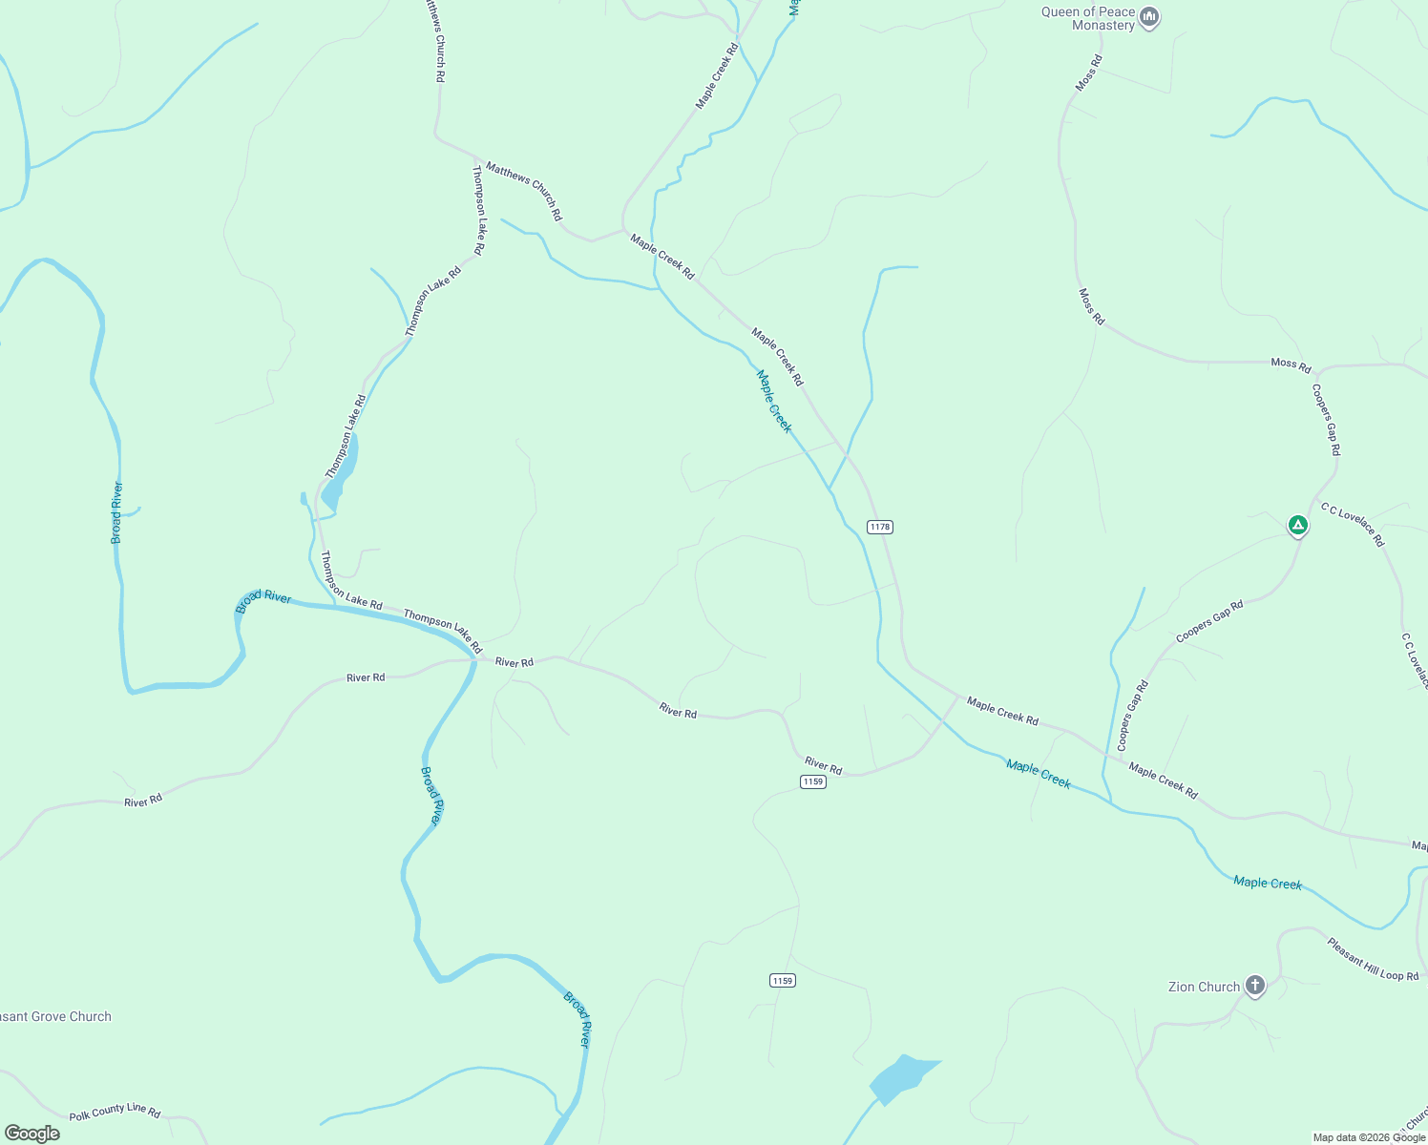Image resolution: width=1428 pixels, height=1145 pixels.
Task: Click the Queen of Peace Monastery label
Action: click(x=1088, y=19)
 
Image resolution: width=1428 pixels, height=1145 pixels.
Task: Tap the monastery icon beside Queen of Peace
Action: click(x=1150, y=17)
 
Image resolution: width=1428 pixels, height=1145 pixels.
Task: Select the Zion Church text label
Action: click(x=1204, y=987)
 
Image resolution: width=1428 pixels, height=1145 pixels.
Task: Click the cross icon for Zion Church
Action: click(x=1255, y=986)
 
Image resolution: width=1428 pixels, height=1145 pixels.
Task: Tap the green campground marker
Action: click(x=1297, y=525)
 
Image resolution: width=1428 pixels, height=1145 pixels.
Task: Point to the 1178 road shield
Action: click(x=879, y=527)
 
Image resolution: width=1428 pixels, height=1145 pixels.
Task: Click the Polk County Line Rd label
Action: click(x=115, y=1111)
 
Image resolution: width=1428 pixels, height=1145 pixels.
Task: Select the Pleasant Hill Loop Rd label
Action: click(x=1373, y=959)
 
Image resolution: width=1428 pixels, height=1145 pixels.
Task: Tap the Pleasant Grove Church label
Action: click(x=55, y=1016)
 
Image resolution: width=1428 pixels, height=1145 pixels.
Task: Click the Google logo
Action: click(x=32, y=1134)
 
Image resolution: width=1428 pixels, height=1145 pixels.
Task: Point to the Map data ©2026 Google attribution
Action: click(x=1369, y=1137)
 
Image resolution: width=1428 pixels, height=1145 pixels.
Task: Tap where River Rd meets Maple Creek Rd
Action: click(x=957, y=697)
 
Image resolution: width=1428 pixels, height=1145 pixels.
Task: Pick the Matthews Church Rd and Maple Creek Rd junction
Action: click(x=623, y=230)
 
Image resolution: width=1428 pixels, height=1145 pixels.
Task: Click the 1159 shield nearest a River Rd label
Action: click(x=812, y=781)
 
